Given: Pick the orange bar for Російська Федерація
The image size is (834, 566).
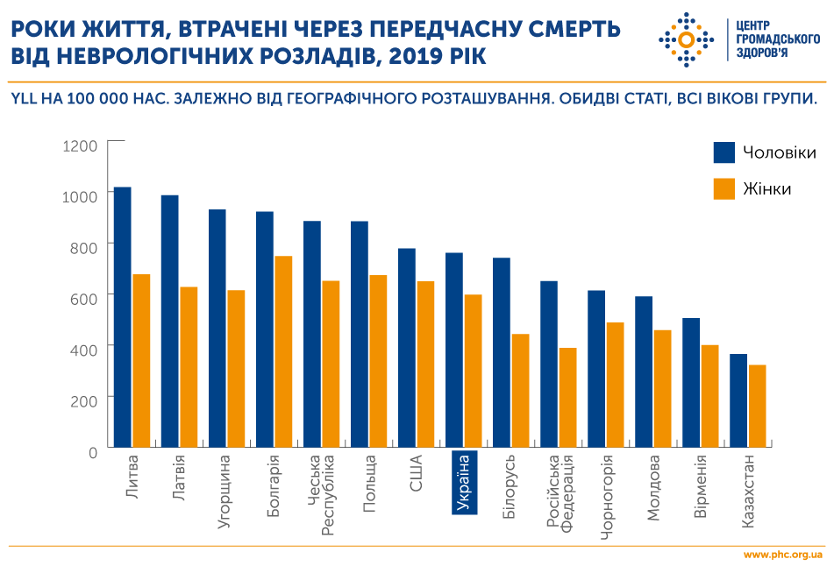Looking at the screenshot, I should coord(567,397).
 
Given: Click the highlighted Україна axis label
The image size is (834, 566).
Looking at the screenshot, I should coord(464,483).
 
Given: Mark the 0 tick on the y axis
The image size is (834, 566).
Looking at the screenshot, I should coord(92,452).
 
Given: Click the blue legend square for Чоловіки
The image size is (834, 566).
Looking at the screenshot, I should coord(724,152).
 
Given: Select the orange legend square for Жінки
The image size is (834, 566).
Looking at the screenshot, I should coord(724,188).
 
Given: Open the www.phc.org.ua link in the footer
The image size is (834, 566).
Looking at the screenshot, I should coord(782,555).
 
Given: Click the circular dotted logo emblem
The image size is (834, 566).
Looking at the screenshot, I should coord(687,40).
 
